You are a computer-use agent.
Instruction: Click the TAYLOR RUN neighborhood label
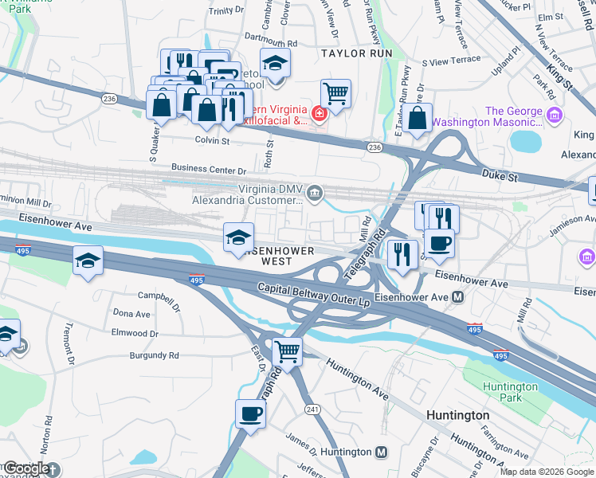point(357,53)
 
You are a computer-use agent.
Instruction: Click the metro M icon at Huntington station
point(382,453)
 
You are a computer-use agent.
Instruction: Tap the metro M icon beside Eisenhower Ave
point(458,297)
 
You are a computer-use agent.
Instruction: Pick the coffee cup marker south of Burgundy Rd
point(251,414)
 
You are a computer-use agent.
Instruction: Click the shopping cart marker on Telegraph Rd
point(287,351)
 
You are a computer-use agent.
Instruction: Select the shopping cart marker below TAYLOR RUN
point(336,93)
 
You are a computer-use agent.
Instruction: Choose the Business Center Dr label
point(210,170)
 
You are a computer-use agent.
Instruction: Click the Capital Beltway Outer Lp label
point(314,288)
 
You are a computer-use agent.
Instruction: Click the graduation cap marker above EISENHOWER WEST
point(238,237)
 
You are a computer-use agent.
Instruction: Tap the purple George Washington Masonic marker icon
point(555,118)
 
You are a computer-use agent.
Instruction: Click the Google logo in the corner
point(25,468)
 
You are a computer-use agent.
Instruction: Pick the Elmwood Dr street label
point(135,333)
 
